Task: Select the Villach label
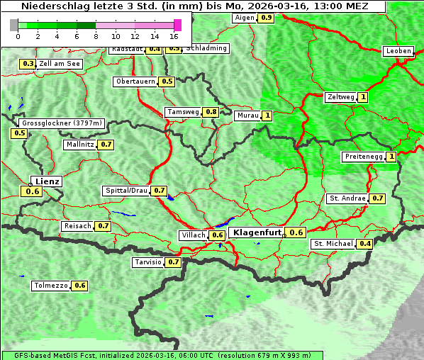(194, 235)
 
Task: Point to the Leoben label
(398, 51)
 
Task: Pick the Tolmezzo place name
(50, 286)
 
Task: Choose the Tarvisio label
(147, 262)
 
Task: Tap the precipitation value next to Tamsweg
(211, 112)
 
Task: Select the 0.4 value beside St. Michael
(365, 244)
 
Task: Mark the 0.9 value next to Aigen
(266, 17)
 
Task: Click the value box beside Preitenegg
(391, 157)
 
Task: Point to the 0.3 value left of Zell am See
(28, 64)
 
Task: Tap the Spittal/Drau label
(126, 191)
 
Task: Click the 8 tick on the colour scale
(96, 35)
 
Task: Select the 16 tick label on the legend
(174, 35)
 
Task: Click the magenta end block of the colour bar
(177, 25)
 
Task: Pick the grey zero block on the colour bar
(13, 25)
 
